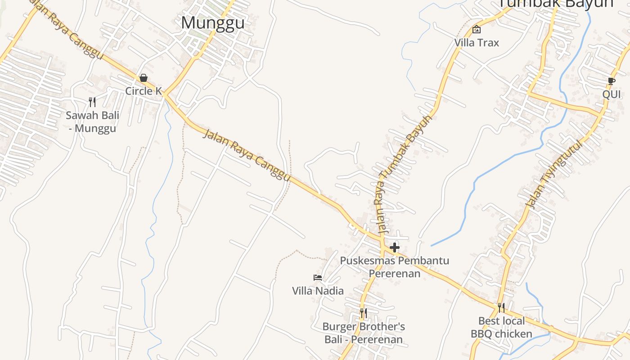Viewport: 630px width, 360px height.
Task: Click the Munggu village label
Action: (x=212, y=22)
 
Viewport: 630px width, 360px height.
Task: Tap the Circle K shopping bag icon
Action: (x=144, y=78)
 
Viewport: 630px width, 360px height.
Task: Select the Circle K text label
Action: (x=144, y=91)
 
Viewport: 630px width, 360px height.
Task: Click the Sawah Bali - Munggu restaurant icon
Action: (x=92, y=102)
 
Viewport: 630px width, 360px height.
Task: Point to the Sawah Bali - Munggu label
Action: (x=93, y=121)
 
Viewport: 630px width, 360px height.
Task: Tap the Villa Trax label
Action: (x=477, y=43)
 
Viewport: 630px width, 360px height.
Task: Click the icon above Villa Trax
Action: (x=477, y=30)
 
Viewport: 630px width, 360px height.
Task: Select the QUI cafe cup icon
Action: (x=611, y=81)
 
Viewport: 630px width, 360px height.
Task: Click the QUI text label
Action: (x=612, y=94)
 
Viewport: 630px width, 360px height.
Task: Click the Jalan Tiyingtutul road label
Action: (x=554, y=175)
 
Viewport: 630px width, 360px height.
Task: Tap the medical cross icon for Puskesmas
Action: (x=395, y=247)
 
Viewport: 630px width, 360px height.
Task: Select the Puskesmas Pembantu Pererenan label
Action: (x=394, y=267)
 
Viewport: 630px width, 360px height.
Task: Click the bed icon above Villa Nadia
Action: (x=318, y=278)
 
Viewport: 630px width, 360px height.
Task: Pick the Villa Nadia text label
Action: (x=318, y=291)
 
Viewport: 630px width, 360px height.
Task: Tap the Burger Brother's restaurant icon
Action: (x=363, y=313)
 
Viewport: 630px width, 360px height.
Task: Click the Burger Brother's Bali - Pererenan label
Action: (x=364, y=333)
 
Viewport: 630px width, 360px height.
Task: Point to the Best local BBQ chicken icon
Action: (x=501, y=308)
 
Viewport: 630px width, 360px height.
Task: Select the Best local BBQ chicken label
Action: (x=501, y=327)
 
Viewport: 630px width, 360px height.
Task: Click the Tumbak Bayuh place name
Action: (x=556, y=4)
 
